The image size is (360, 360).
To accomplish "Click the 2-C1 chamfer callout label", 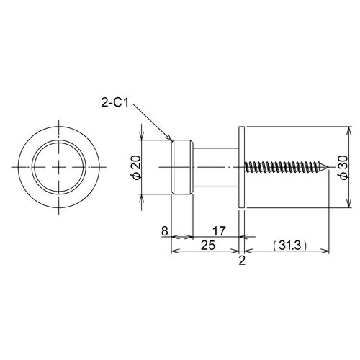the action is point(115,103).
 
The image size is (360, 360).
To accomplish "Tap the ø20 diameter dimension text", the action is point(136,167).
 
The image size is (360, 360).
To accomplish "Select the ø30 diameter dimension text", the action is point(343,167).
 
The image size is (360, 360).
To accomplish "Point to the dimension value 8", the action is point(164,231).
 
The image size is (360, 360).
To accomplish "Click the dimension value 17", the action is point(219,231).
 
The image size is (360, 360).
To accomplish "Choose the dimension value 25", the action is point(208,246).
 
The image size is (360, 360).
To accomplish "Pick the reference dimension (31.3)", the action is point(290,246).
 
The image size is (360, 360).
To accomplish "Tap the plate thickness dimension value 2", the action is point(242,261).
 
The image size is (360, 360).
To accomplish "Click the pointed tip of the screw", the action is point(328,167).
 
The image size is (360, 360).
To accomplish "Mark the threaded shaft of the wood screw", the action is point(283,167).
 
